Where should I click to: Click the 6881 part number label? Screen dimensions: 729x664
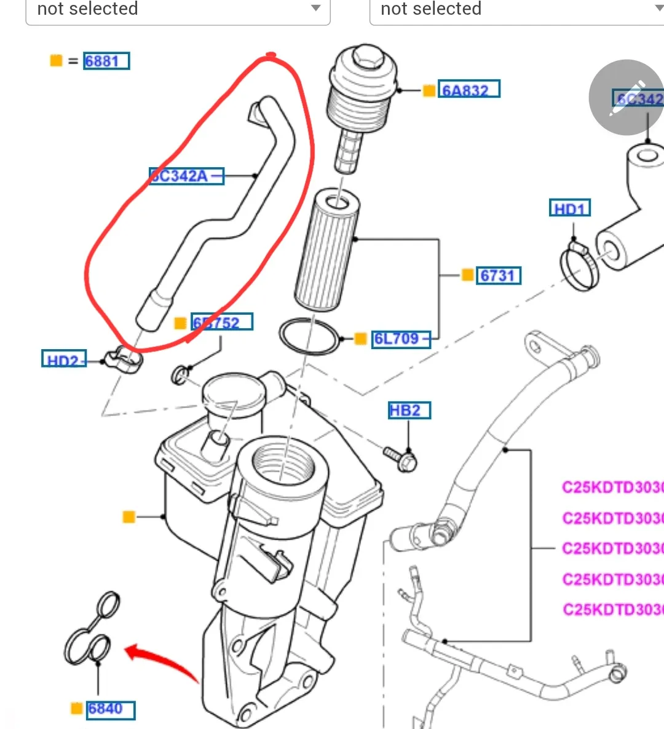[107, 61]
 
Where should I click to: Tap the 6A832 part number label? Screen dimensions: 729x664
[468, 90]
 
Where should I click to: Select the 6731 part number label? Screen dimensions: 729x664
[499, 275]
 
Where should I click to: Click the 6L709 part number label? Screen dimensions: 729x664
[400, 339]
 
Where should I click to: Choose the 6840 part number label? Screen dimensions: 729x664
[110, 709]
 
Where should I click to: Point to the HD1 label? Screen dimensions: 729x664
[569, 208]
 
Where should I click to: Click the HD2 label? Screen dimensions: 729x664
[63, 360]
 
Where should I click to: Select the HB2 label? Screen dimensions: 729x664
[409, 410]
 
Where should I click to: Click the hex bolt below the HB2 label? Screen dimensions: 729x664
[401, 458]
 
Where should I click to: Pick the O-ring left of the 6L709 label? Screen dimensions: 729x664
[309, 336]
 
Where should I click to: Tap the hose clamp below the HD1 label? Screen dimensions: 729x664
[579, 266]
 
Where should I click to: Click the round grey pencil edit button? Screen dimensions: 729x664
[626, 97]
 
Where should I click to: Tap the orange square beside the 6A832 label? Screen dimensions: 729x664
[429, 91]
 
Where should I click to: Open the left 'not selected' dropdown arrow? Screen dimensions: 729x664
[315, 9]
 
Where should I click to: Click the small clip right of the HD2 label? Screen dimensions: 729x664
[123, 360]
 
